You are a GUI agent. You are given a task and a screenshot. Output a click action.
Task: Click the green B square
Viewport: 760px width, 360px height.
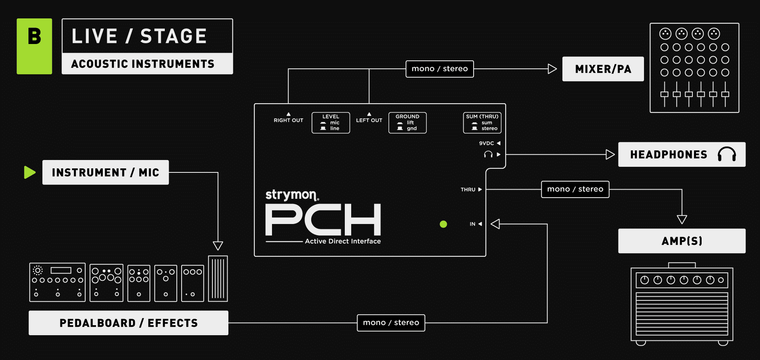(34, 46)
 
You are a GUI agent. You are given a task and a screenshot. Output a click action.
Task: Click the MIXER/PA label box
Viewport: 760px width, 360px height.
(603, 69)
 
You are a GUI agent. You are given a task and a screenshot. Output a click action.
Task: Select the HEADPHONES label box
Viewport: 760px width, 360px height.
(681, 154)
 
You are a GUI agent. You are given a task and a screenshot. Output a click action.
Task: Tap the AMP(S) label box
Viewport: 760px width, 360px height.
(681, 241)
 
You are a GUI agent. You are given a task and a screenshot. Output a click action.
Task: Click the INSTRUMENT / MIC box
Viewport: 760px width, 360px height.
(106, 172)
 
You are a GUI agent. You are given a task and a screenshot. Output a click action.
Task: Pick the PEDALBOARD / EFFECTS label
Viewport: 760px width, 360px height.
(128, 323)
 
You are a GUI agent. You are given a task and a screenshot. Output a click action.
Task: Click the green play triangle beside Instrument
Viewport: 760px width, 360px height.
(30, 172)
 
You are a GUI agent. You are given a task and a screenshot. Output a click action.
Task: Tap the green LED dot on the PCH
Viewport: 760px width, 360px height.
(443, 224)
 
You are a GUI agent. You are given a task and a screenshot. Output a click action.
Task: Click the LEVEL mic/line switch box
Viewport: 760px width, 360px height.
(331, 123)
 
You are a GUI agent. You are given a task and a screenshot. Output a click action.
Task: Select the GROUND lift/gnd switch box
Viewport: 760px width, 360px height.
(407, 123)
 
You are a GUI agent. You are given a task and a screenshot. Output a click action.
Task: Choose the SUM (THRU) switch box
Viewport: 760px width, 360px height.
(482, 123)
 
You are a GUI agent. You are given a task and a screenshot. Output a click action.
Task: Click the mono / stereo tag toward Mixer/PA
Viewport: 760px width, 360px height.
(440, 69)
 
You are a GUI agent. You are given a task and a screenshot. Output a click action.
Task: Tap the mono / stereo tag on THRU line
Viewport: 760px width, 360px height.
(575, 189)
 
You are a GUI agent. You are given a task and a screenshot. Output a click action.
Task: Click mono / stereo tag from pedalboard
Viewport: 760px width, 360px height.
(391, 323)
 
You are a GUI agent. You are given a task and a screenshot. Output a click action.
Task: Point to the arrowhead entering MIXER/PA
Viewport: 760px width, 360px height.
(552, 69)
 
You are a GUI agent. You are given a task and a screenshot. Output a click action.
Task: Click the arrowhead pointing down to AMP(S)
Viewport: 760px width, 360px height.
(682, 219)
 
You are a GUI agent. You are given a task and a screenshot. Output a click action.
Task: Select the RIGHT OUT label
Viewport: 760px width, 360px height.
(288, 120)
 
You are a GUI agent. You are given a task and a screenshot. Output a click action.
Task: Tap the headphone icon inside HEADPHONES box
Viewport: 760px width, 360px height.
(726, 154)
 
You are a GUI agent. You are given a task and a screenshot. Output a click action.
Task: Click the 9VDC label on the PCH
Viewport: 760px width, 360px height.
(486, 143)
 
